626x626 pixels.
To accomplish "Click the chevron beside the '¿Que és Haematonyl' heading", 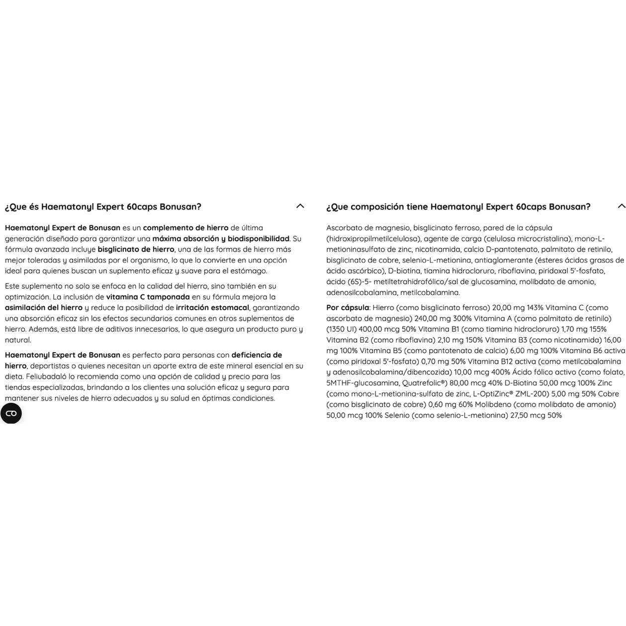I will pyautogui.click(x=300, y=206).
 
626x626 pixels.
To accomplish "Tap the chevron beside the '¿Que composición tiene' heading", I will pyautogui.click(x=621, y=206).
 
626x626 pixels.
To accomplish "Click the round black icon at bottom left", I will pyautogui.click(x=11, y=413).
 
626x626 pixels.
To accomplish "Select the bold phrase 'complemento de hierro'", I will pyautogui.click(x=185, y=228).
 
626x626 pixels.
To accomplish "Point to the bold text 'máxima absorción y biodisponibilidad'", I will pyautogui.click(x=221, y=239).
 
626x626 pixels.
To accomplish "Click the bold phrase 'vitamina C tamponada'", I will pyautogui.click(x=148, y=297).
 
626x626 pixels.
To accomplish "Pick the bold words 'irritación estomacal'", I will pyautogui.click(x=212, y=308).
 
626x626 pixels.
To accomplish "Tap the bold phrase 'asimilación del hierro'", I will pyautogui.click(x=44, y=308).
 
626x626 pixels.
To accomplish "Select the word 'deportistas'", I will pyautogui.click(x=50, y=366).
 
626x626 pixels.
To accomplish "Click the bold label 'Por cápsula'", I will pyautogui.click(x=348, y=308).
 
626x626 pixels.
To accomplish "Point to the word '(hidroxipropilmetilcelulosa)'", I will pyautogui.click(x=373, y=239).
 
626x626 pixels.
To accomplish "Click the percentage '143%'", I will pyautogui.click(x=535, y=308).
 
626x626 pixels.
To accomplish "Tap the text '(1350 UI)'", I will pyautogui.click(x=341, y=329).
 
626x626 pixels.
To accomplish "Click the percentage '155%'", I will pyautogui.click(x=598, y=329).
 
